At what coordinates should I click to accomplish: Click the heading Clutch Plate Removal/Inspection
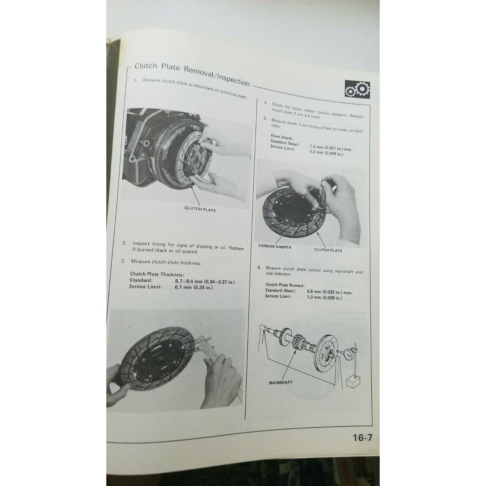192,74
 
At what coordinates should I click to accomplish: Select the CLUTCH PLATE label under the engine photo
200,210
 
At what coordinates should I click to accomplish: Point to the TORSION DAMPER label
274,247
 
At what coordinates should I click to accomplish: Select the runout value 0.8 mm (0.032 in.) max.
329,292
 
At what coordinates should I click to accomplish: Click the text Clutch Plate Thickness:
157,274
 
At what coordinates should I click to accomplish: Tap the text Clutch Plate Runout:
285,285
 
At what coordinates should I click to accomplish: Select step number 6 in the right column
259,268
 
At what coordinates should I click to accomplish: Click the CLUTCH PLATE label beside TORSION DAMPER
328,250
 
